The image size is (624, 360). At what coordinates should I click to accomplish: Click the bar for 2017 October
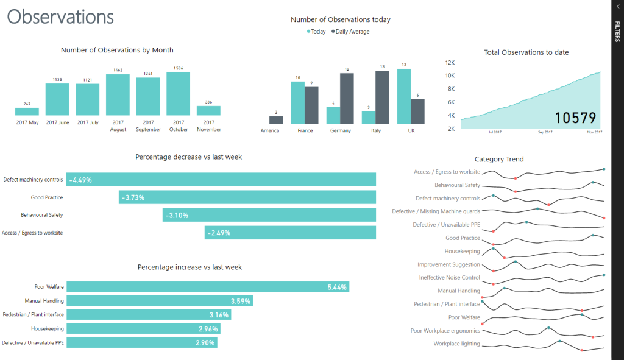coord(179,94)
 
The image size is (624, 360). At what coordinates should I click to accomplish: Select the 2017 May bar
coord(27,111)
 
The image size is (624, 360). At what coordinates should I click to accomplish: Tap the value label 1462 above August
coord(118,70)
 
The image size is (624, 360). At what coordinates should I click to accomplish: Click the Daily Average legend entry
coord(350,32)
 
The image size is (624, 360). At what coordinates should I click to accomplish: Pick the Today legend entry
coord(316,32)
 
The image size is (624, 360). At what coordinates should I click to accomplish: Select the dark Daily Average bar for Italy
coord(382,97)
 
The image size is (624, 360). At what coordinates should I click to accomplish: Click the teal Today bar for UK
coord(404,96)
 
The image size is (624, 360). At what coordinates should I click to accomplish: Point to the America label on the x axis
coord(269,130)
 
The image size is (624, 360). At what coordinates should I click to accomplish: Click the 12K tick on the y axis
coord(450,63)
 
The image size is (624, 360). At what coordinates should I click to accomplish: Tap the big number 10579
coord(575,118)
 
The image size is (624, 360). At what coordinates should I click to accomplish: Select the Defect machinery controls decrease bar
coord(221,180)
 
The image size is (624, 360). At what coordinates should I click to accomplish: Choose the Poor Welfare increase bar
coord(208,287)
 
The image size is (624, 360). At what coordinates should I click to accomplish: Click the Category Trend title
coord(499,159)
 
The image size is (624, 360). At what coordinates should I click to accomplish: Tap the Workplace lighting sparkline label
coord(456,344)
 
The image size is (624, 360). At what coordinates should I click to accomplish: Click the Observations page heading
coord(60,16)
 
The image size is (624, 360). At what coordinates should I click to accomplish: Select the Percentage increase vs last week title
coord(190,267)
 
